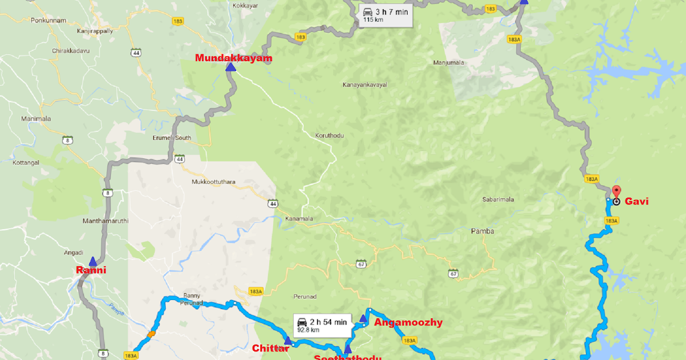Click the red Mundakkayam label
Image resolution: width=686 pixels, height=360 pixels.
[x=233, y=58]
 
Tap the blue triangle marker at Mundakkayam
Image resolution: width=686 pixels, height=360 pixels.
[x=230, y=67]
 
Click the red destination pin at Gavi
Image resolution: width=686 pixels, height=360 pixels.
[x=616, y=192]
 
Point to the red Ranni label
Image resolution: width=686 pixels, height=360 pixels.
[x=91, y=270]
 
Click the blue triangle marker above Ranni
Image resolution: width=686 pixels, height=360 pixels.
[x=93, y=261]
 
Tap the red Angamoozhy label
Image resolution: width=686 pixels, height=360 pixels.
[x=408, y=322]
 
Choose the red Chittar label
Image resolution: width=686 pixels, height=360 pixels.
[x=267, y=348]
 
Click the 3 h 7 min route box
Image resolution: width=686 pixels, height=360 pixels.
[x=385, y=15]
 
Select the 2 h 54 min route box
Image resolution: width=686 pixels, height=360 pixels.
[x=321, y=326]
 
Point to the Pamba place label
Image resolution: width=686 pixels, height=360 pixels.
[x=482, y=231]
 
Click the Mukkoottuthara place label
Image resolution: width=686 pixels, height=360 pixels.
[x=214, y=182]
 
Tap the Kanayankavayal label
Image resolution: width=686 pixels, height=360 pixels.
[x=365, y=85]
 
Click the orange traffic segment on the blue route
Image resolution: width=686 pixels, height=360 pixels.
[x=151, y=334]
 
